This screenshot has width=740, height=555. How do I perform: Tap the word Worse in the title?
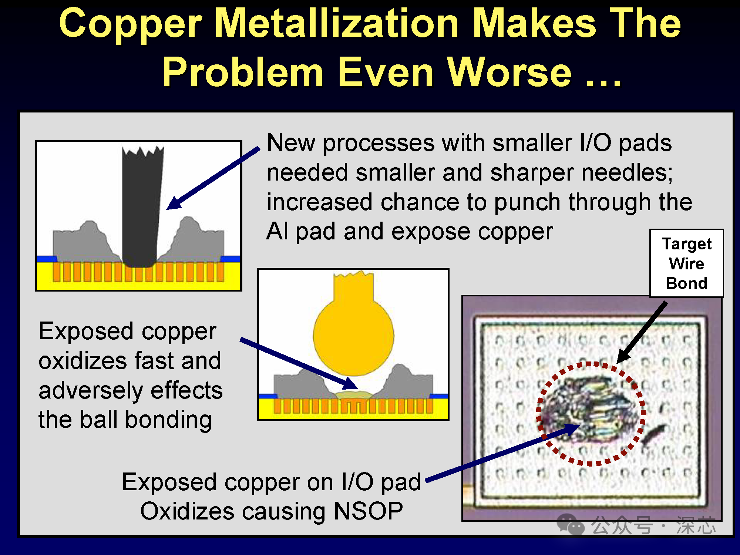click(x=510, y=72)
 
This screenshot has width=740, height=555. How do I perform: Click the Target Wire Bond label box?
click(x=687, y=263)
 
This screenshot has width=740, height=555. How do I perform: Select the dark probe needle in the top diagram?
click(x=142, y=207)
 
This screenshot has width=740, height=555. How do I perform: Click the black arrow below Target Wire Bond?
click(x=642, y=332)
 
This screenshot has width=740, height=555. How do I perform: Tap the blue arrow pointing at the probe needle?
click(x=213, y=178)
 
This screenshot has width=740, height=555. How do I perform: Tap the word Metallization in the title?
click(x=337, y=24)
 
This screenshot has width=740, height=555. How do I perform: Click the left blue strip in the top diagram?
click(x=47, y=259)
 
